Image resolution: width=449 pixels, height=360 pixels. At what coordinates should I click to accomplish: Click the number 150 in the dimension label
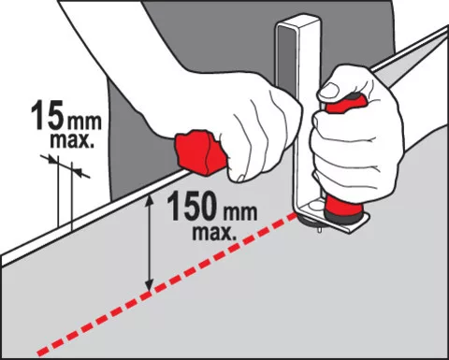click(x=194, y=206)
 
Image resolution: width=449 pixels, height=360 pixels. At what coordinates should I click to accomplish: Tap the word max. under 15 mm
click(x=71, y=140)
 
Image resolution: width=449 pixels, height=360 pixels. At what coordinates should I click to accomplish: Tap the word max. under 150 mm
click(x=214, y=232)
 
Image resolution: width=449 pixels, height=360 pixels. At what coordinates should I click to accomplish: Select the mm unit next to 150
click(x=239, y=212)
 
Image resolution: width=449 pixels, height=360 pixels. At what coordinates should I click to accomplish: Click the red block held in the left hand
click(x=201, y=151)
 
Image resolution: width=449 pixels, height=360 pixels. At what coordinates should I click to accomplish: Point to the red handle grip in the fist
click(x=343, y=105)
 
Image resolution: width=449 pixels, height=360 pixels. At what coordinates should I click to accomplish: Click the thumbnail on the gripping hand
click(x=328, y=91)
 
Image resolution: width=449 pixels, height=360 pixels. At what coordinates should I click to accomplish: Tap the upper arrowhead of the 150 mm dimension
click(x=150, y=199)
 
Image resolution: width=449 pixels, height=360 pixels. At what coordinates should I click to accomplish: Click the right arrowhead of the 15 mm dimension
click(x=77, y=171)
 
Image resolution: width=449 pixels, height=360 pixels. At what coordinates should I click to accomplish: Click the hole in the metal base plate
click(x=314, y=207)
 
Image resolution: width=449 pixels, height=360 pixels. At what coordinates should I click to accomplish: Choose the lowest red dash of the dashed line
click(x=44, y=351)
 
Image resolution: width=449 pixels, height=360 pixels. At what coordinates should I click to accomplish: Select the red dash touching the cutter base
click(x=290, y=216)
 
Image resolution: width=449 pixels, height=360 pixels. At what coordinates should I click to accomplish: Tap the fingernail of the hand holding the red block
click(x=240, y=178)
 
